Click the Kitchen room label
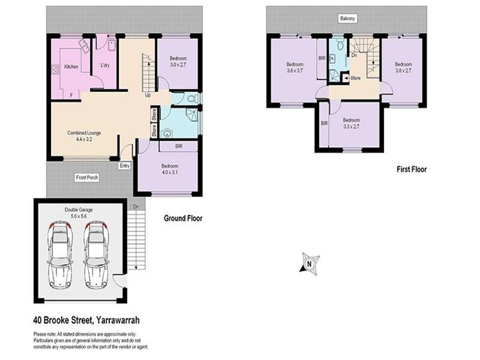(x=71, y=67)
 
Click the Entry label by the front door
(x=125, y=166)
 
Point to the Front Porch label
(x=87, y=178)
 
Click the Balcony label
(x=347, y=19)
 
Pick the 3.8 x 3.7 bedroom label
(x=294, y=67)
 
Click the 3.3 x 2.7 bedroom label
(x=351, y=123)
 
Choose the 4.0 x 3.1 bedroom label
(x=170, y=169)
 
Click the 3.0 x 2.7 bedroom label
(x=178, y=61)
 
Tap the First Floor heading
(x=411, y=170)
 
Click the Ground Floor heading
(x=183, y=218)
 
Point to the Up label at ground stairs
(x=148, y=95)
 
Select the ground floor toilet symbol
(x=191, y=98)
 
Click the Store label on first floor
(x=354, y=77)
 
